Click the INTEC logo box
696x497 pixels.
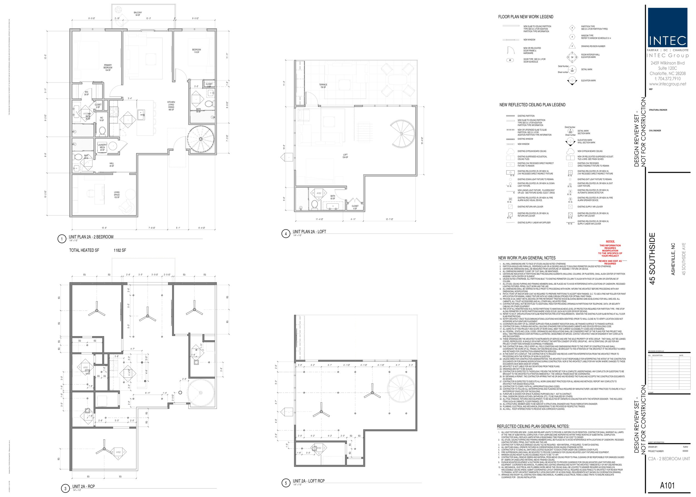click(667, 28)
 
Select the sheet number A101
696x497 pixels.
click(667, 485)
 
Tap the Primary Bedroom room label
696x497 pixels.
click(108, 68)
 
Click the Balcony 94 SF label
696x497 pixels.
click(138, 14)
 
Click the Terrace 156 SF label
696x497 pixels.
click(323, 86)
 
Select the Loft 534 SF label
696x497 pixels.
click(345, 156)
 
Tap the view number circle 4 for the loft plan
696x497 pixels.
click(286, 234)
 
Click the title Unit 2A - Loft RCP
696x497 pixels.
click(308, 481)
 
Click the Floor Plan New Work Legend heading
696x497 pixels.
click(525, 17)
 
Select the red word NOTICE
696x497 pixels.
click(610, 242)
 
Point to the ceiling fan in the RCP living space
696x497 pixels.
click(104, 449)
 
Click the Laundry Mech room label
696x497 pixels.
click(102, 147)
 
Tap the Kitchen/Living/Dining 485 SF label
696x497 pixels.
click(171, 105)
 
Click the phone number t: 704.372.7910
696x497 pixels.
click(668, 79)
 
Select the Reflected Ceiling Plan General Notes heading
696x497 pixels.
click(533, 426)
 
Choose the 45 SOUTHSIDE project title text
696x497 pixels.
click(653, 259)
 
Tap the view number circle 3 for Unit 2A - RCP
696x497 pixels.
click(65, 488)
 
